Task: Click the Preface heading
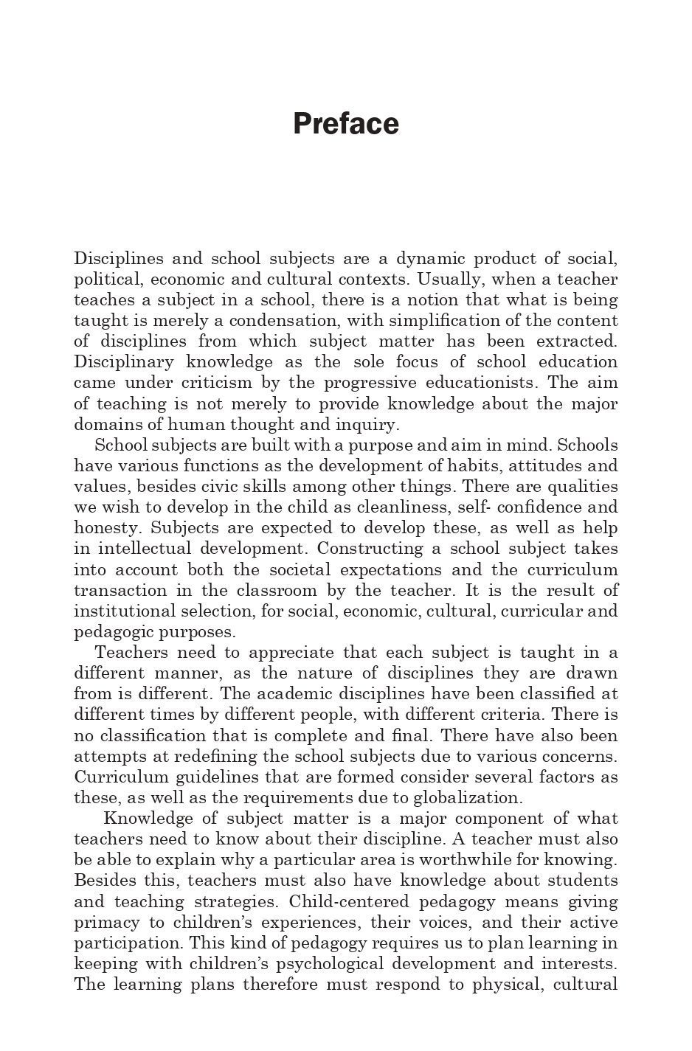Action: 346,124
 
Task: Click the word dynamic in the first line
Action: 431,259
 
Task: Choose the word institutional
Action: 122,611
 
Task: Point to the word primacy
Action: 102,923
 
